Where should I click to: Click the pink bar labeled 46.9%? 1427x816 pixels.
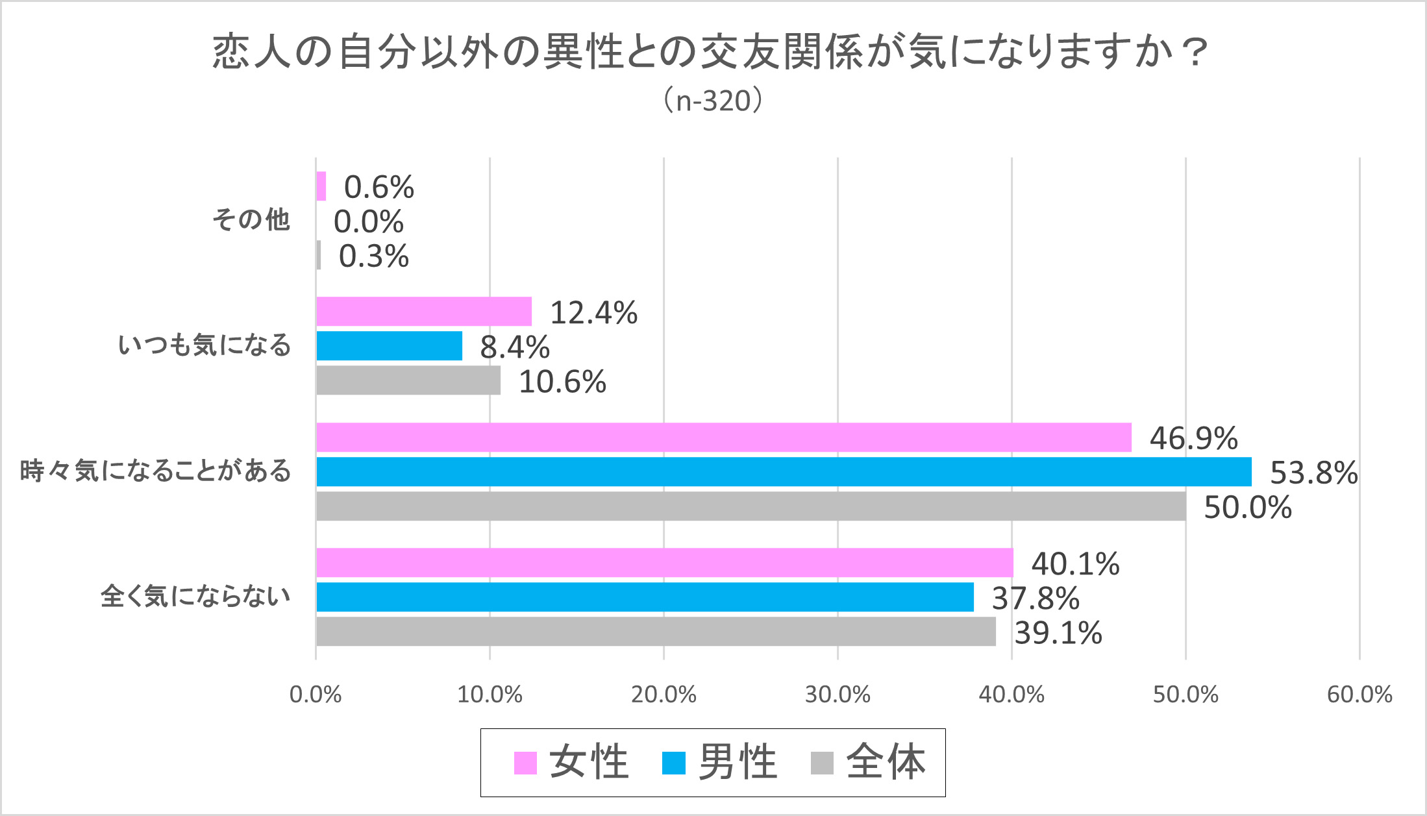click(x=723, y=438)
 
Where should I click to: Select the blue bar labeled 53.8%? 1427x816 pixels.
click(x=784, y=472)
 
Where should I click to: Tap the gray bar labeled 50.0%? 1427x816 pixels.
click(x=751, y=506)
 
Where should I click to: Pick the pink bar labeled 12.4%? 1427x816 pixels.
click(x=424, y=312)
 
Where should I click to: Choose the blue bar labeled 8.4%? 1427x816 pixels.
click(x=389, y=346)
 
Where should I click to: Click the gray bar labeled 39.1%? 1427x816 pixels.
click(x=656, y=632)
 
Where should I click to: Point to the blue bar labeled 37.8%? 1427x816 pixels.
click(x=645, y=597)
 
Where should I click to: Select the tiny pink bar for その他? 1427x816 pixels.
click(x=321, y=186)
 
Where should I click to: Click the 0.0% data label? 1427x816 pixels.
click(x=369, y=222)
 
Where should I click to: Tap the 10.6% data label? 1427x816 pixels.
click(x=562, y=382)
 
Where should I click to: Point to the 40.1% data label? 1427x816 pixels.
click(x=1075, y=563)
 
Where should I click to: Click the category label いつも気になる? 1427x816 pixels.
click(x=205, y=345)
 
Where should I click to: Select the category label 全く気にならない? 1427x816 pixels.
click(x=195, y=597)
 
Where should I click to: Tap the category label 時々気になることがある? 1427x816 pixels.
click(x=156, y=471)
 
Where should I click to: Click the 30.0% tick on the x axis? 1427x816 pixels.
click(x=838, y=695)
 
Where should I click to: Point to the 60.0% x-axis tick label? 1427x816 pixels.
click(x=1359, y=695)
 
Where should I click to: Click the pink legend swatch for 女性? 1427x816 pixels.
click(x=525, y=763)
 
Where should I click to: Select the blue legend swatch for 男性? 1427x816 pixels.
click(x=673, y=763)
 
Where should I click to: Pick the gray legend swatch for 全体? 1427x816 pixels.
click(x=822, y=763)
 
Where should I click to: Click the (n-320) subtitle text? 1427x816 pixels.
click(x=713, y=101)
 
